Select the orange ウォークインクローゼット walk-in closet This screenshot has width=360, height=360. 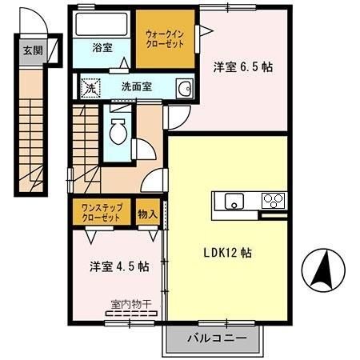(165, 38)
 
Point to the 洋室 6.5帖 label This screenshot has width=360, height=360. (242, 67)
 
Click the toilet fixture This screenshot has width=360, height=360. (118, 130)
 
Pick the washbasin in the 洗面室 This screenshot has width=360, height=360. (184, 88)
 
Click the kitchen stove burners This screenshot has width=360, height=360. (273, 200)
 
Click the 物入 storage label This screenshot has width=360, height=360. (147, 214)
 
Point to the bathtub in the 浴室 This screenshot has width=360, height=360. (101, 23)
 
